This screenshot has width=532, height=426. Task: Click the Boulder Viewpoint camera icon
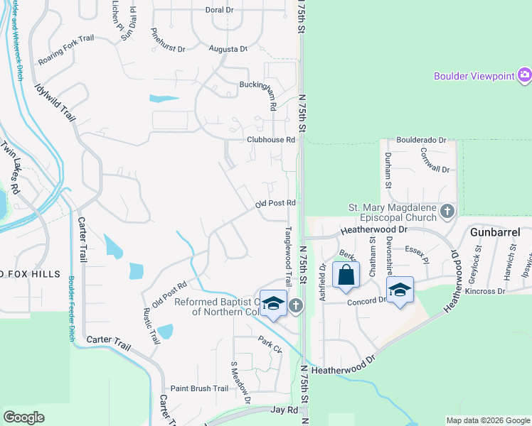[525, 75]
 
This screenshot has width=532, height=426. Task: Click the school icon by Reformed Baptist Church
[272, 303]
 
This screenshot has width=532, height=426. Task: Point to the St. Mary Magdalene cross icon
[447, 211]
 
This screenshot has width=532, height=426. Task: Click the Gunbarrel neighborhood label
[496, 232]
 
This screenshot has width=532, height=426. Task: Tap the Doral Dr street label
[219, 10]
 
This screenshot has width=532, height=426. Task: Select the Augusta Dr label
[228, 49]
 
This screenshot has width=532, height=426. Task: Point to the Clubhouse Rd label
[270, 141]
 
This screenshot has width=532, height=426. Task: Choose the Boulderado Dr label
[421, 141]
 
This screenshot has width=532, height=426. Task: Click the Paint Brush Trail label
[199, 388]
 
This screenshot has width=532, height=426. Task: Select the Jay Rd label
[284, 410]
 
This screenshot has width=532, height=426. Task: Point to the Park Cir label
[270, 344]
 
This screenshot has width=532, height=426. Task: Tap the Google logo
[24, 418]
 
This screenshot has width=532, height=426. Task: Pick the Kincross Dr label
[486, 291]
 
